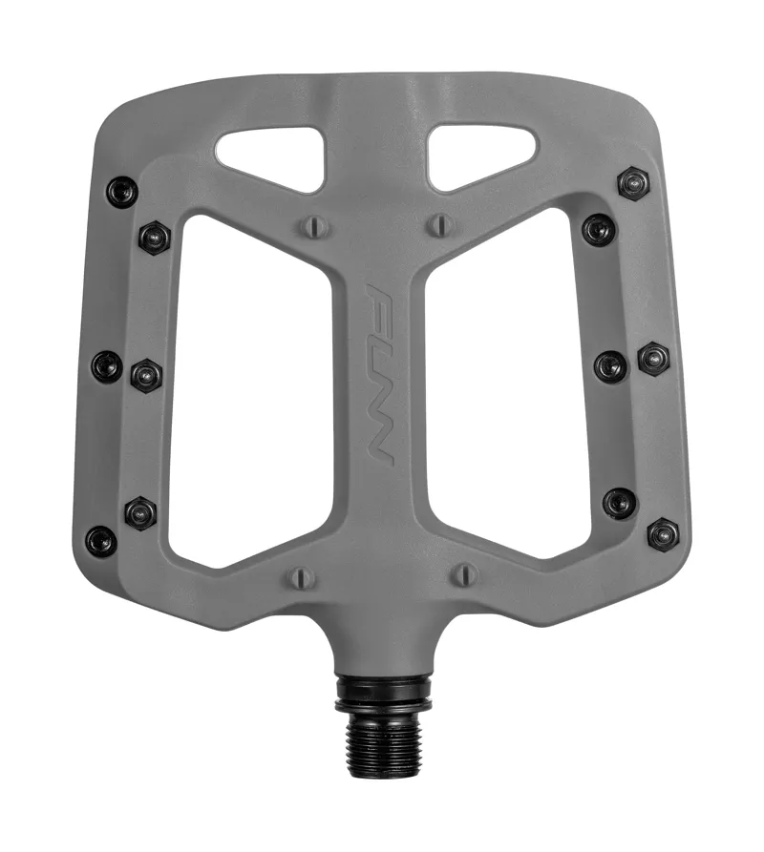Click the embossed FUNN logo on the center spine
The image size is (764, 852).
(x=381, y=373)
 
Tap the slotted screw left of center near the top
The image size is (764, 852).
(x=316, y=226)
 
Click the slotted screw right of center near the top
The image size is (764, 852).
(x=438, y=225)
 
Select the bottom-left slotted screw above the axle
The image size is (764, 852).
(x=300, y=576)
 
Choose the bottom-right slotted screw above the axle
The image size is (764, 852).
(x=464, y=574)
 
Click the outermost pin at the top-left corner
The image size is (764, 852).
(x=121, y=192)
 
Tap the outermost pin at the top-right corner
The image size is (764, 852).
(x=633, y=182)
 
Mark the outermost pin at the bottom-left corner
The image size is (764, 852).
(x=100, y=541)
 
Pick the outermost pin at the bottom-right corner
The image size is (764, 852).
(x=663, y=533)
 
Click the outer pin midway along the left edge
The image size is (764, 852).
(x=107, y=365)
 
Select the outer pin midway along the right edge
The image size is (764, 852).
(x=653, y=358)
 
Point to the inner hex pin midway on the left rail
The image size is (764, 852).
(x=146, y=375)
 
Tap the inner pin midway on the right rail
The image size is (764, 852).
(x=610, y=366)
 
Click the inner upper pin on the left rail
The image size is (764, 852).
(x=154, y=237)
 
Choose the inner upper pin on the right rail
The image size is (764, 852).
(x=599, y=229)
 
